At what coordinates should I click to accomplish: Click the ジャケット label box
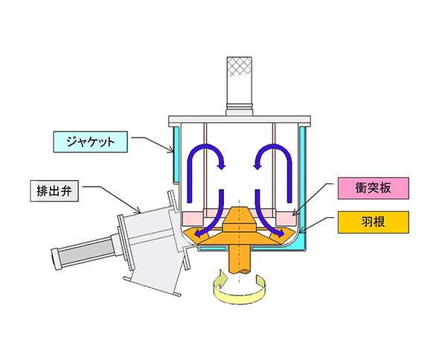point(91,141)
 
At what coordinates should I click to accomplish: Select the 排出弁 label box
point(54,190)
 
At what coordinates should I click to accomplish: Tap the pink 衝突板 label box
point(374,188)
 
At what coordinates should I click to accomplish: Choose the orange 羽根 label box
point(374,222)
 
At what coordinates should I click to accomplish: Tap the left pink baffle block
point(193,218)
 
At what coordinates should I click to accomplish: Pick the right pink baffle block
point(286,218)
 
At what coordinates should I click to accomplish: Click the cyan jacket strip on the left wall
point(176,153)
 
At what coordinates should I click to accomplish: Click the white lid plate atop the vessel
point(240,120)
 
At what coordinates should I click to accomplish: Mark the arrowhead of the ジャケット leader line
point(171,150)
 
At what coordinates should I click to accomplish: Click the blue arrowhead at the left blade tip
point(198,233)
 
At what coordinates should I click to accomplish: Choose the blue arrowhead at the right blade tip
point(281,233)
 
